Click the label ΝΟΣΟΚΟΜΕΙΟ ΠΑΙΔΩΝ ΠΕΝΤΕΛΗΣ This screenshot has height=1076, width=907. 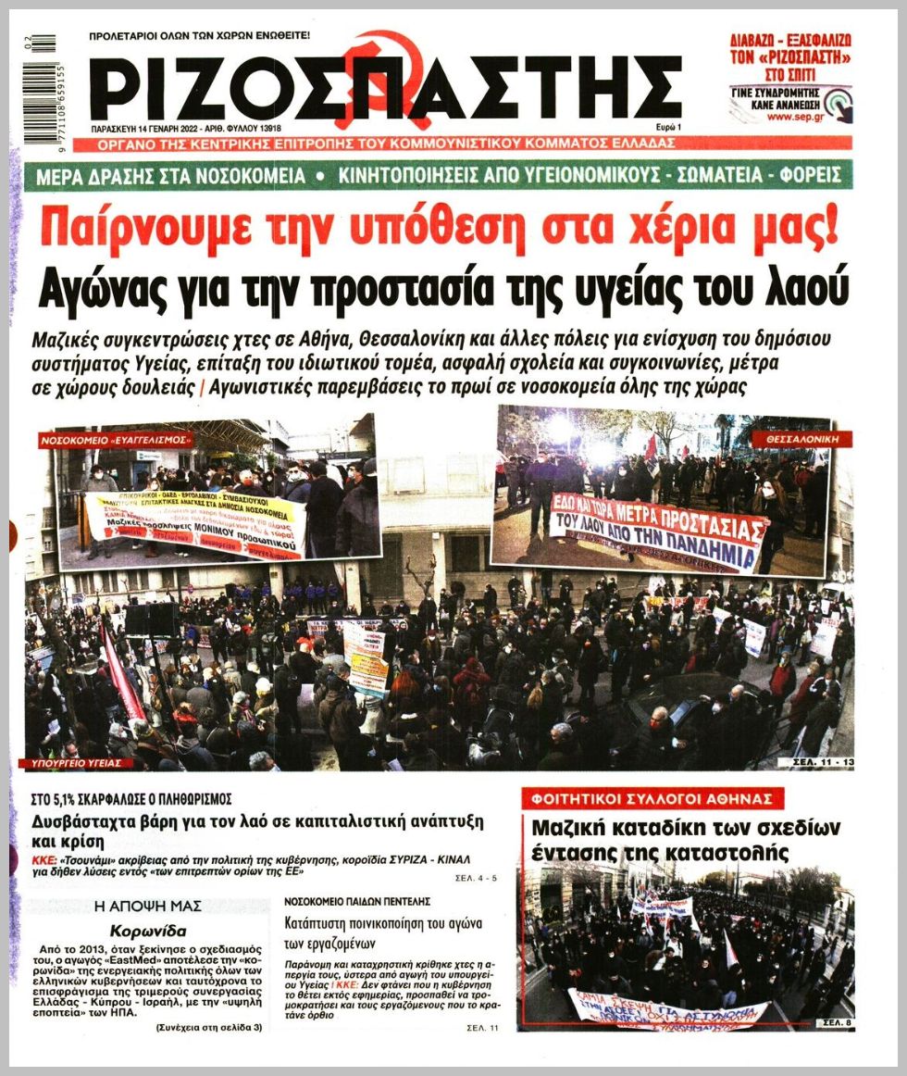click(x=356, y=900)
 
